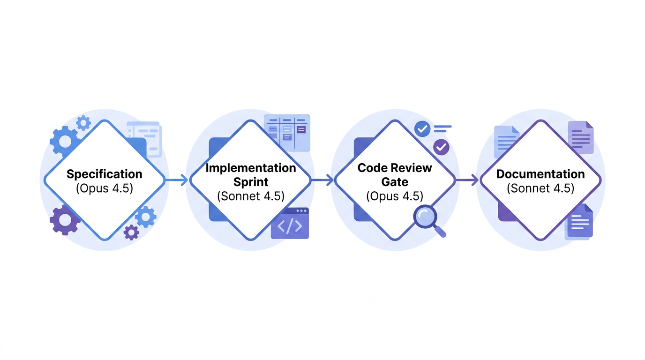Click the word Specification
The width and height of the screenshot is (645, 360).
coord(104,174)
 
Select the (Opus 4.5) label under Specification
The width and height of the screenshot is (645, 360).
coord(104,188)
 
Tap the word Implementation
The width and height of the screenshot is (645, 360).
coord(251,168)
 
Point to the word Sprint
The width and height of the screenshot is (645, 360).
coord(251,182)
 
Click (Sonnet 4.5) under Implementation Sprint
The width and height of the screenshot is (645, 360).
coord(251,196)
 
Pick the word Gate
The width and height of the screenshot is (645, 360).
coord(395,182)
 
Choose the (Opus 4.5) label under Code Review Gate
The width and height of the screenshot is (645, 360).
coord(395,196)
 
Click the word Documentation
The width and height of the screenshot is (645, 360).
coord(540,174)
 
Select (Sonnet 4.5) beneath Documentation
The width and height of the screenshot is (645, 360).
coord(540,188)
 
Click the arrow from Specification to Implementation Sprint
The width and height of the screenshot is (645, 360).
coord(177,180)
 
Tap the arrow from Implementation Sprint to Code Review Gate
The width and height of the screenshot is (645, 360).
coord(322,180)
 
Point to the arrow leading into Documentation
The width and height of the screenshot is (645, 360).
coord(467,180)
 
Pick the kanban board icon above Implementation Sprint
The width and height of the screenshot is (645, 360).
coord(287,132)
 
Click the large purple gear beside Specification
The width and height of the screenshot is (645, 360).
coord(64,220)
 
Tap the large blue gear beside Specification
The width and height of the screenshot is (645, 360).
coord(64,140)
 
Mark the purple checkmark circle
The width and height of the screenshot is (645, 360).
coord(441,147)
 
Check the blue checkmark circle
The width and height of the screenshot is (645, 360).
coord(423,128)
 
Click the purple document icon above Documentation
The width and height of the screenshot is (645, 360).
coord(581,137)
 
